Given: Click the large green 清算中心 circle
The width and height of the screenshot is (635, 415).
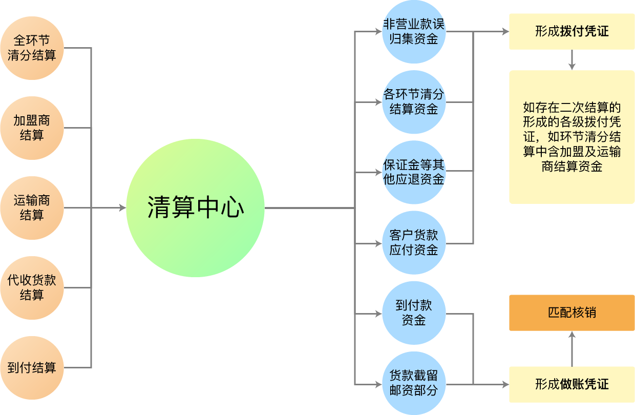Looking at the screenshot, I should [195, 208].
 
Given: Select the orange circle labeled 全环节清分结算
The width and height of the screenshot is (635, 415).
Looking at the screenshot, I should [32, 48].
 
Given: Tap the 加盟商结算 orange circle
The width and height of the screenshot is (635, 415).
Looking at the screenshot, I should [32, 128].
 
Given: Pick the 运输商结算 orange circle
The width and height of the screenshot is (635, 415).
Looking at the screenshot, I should [32, 208].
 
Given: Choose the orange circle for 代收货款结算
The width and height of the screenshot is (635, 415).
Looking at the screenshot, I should [32, 287].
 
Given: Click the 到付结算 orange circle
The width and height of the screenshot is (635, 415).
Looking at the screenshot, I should [32, 367].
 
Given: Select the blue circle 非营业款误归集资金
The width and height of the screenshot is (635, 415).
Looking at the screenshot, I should [414, 32].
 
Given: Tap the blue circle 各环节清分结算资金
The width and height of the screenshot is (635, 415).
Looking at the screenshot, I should [414, 102].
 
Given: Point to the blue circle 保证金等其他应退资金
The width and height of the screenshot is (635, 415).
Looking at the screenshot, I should [414, 172].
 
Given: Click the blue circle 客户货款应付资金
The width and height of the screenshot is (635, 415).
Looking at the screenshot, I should [414, 243].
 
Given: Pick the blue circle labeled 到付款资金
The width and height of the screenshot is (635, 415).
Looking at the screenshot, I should [414, 313].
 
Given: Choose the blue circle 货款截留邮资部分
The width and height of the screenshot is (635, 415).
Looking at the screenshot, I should [414, 383].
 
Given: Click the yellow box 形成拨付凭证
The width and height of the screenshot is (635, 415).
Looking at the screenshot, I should [571, 32].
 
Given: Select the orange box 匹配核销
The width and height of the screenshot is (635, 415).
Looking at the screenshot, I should [571, 313].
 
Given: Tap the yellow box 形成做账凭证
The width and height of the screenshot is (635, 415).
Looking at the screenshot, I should [571, 384].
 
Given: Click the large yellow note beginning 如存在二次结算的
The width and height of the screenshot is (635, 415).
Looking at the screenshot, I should [571, 137].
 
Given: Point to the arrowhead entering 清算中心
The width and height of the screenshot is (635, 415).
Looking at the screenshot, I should [122, 208].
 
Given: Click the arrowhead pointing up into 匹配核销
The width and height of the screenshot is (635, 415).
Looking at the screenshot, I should [572, 335].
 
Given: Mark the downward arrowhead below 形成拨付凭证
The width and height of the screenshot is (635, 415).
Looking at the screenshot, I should [572, 67].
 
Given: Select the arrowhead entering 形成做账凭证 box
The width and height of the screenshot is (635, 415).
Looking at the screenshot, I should [505, 384].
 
